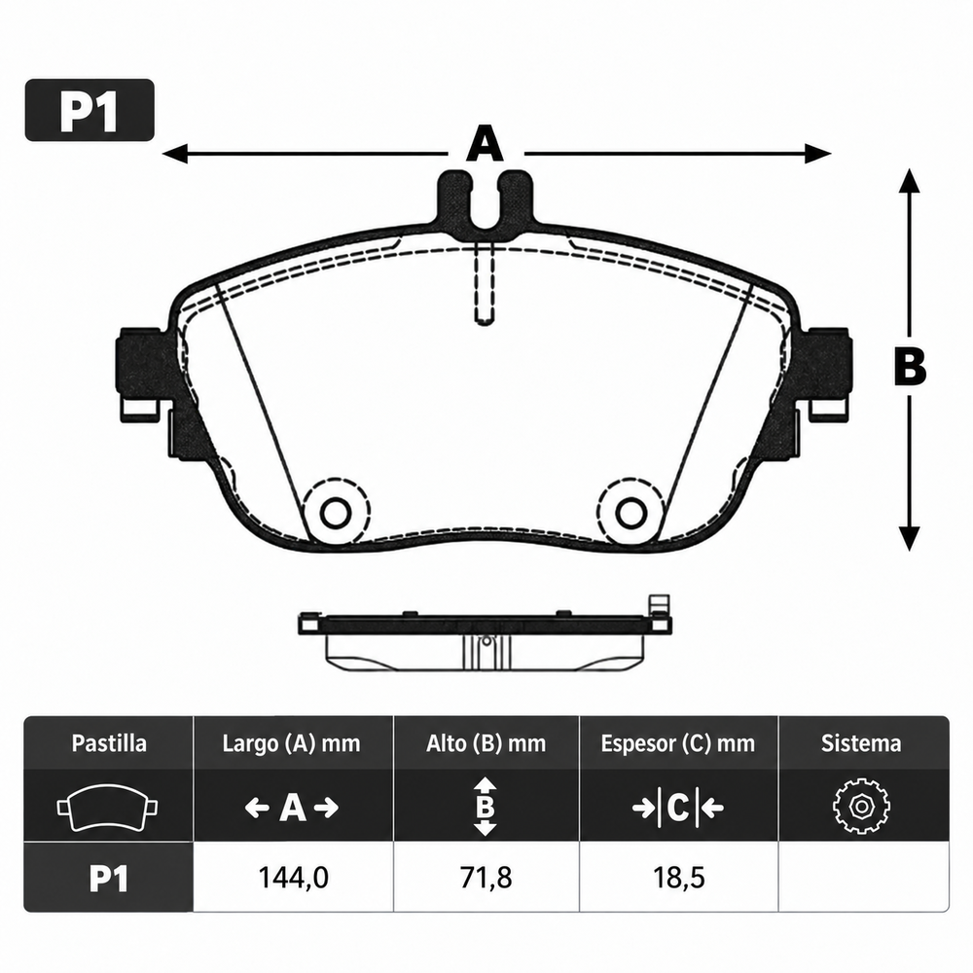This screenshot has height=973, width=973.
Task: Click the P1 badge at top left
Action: pos(90,110)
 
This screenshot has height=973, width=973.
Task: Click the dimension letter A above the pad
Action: pos(486,143)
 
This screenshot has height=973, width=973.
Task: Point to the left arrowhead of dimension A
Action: pos(175,154)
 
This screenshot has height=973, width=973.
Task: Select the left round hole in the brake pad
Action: pos(336,513)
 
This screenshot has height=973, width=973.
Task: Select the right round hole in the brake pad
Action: pos(631,513)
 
